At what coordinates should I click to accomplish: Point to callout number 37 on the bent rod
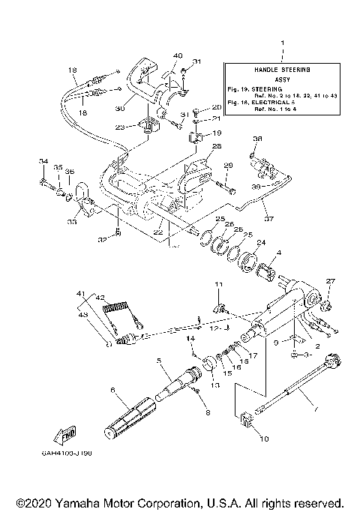click(268, 219)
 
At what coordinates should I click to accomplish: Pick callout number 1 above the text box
click(282, 44)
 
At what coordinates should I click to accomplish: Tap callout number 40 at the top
click(178, 55)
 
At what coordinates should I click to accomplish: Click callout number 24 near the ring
click(262, 243)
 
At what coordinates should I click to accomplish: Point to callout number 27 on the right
click(327, 281)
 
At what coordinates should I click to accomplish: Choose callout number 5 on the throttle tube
click(159, 360)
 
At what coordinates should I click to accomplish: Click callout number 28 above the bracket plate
click(216, 146)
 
